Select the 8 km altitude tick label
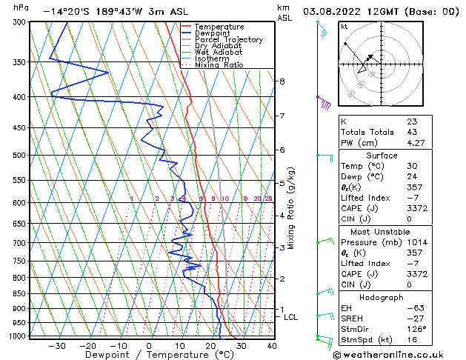pyautogui.click(x=282, y=81)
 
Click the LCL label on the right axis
pyautogui.click(x=291, y=317)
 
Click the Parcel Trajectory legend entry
pyautogui.click(x=228, y=39)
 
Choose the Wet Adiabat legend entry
pyautogui.click(x=219, y=52)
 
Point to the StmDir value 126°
pyautogui.click(x=416, y=329)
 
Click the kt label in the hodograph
pyautogui.click(x=344, y=26)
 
